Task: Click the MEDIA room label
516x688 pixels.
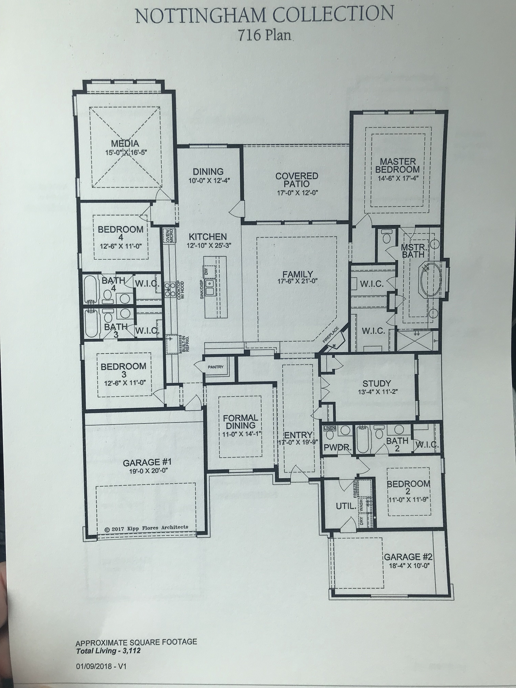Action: pos(125,144)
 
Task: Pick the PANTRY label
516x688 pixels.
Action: pos(216,367)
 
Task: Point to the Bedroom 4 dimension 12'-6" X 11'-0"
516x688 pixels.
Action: pos(121,246)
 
